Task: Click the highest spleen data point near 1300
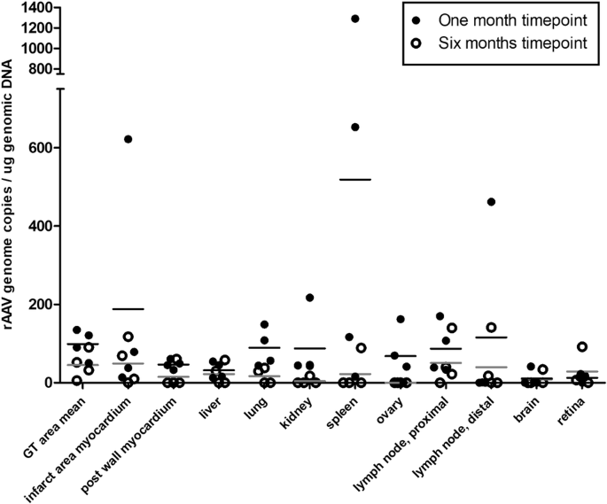pyautogui.click(x=355, y=19)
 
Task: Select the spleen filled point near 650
pyautogui.click(x=355, y=128)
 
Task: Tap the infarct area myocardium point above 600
pyautogui.click(x=128, y=139)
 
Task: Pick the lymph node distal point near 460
pyautogui.click(x=491, y=202)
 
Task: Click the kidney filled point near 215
pyautogui.click(x=310, y=298)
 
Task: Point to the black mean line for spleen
pyautogui.click(x=354, y=180)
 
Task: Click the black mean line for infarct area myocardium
pyautogui.click(x=128, y=309)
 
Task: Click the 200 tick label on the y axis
pyautogui.click(x=36, y=305)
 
